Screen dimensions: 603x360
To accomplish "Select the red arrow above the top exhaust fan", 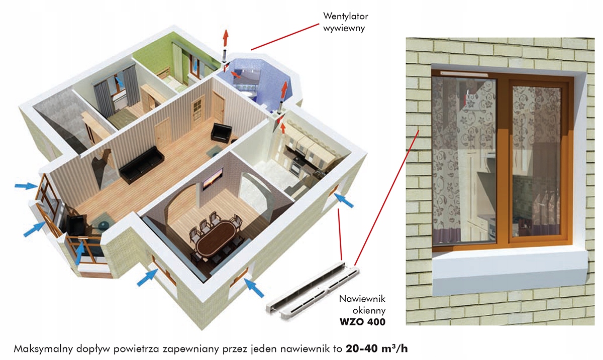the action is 225,36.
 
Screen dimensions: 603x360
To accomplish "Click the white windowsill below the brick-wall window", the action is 510,266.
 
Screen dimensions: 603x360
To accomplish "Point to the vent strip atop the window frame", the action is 464,73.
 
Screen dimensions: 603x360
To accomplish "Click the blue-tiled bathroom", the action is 256,80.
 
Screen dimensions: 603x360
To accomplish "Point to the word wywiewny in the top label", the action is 344,28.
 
